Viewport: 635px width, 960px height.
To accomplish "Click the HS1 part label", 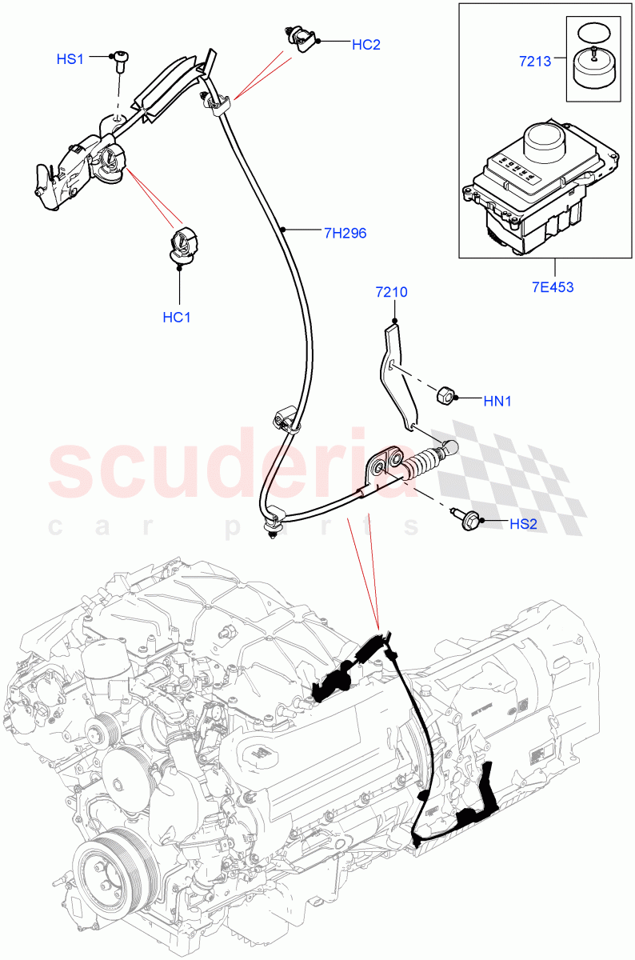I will (70, 59).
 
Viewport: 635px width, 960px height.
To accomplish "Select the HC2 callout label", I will (365, 45).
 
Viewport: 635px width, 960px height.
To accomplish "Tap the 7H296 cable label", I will (345, 234).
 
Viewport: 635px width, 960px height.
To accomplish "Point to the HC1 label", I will (177, 317).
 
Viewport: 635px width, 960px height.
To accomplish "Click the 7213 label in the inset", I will (535, 61).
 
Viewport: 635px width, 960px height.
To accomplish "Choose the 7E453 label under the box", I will (553, 287).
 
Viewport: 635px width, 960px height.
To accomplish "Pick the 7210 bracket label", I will (392, 292).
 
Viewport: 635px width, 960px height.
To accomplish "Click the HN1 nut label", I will (497, 402).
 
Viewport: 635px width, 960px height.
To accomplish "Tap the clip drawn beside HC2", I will (302, 38).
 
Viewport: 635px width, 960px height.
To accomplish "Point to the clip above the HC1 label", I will (183, 243).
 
